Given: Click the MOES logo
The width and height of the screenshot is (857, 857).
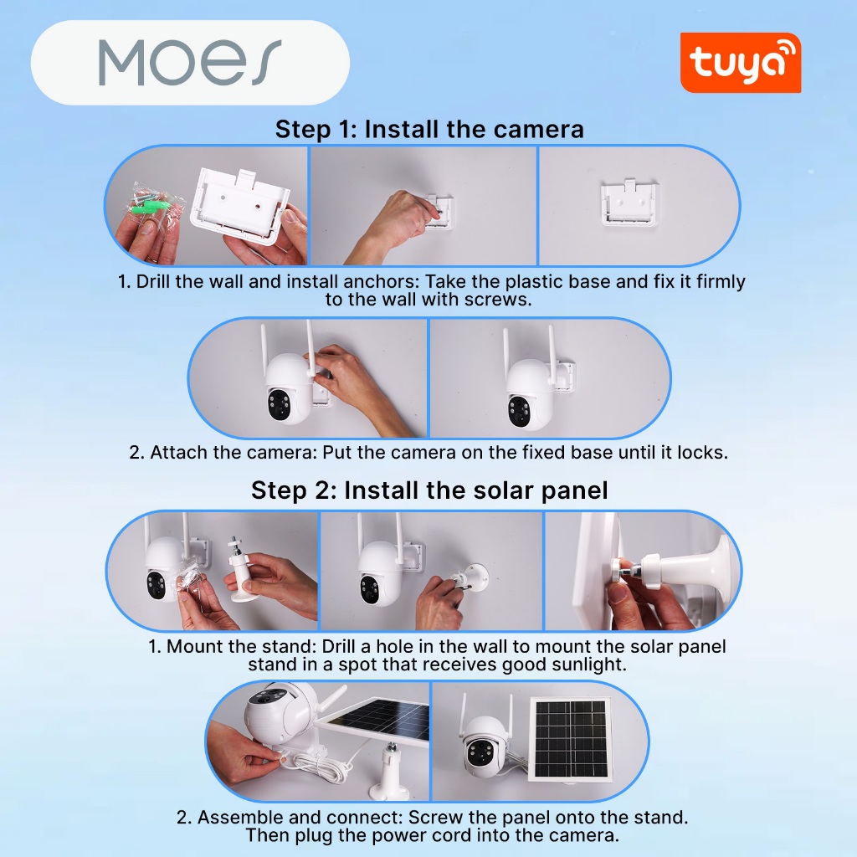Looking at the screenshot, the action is [190, 62].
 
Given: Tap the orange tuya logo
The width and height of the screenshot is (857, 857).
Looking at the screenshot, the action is [741, 62].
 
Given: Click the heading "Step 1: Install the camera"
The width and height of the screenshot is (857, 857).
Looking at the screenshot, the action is [429, 130].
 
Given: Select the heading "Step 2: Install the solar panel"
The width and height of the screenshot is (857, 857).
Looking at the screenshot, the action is [429, 490].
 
